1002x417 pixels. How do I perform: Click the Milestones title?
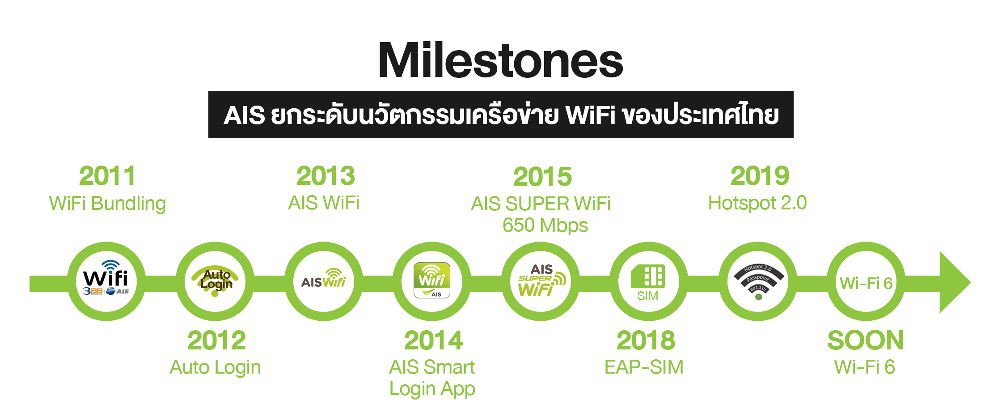[x=500, y=60]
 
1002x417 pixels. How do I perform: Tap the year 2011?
[x=107, y=175]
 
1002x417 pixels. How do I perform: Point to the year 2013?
[x=326, y=175]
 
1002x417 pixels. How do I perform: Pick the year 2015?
[x=542, y=176]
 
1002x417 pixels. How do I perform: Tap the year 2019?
[x=760, y=175]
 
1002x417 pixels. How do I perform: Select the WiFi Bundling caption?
[x=107, y=204]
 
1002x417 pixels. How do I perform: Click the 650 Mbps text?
[x=545, y=226]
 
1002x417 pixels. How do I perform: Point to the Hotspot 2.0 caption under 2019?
[x=757, y=203]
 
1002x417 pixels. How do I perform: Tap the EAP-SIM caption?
[x=644, y=367]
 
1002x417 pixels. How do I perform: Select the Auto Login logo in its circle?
[x=215, y=281]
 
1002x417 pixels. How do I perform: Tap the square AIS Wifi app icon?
[x=432, y=280]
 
